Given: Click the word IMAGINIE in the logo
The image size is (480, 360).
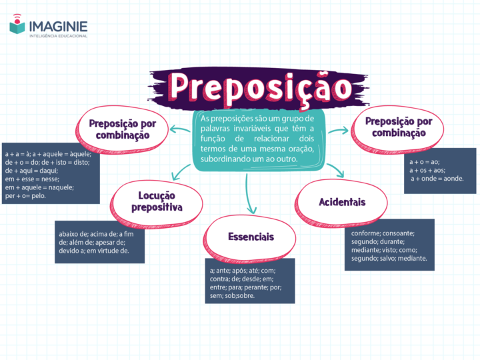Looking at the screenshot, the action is click(58, 27).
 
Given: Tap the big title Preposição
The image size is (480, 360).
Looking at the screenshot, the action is click(260, 88).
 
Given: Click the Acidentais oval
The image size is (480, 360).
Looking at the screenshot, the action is click(341, 203).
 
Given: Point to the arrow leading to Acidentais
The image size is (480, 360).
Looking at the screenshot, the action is click(336, 171).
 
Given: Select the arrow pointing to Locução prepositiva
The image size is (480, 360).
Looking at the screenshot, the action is click(181, 172).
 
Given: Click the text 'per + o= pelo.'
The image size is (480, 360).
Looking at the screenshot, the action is click(25, 195).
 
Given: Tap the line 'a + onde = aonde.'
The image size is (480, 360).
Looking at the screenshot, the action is click(437, 179).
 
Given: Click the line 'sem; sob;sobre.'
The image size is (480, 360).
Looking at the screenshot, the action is click(232, 296).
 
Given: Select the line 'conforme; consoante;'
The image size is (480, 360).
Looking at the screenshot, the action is click(383, 233).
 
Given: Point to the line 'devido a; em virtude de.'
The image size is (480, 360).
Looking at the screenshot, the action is click(94, 251).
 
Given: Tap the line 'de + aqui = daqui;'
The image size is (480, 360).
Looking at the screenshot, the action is click(31, 171).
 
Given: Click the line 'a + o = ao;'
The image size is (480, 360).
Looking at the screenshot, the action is click(425, 162).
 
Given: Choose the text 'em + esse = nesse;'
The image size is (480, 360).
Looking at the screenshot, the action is click(32, 179).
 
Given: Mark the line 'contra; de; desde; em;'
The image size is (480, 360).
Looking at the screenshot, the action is click(241, 279).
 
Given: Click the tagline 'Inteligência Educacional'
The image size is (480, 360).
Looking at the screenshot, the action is click(58, 36).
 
